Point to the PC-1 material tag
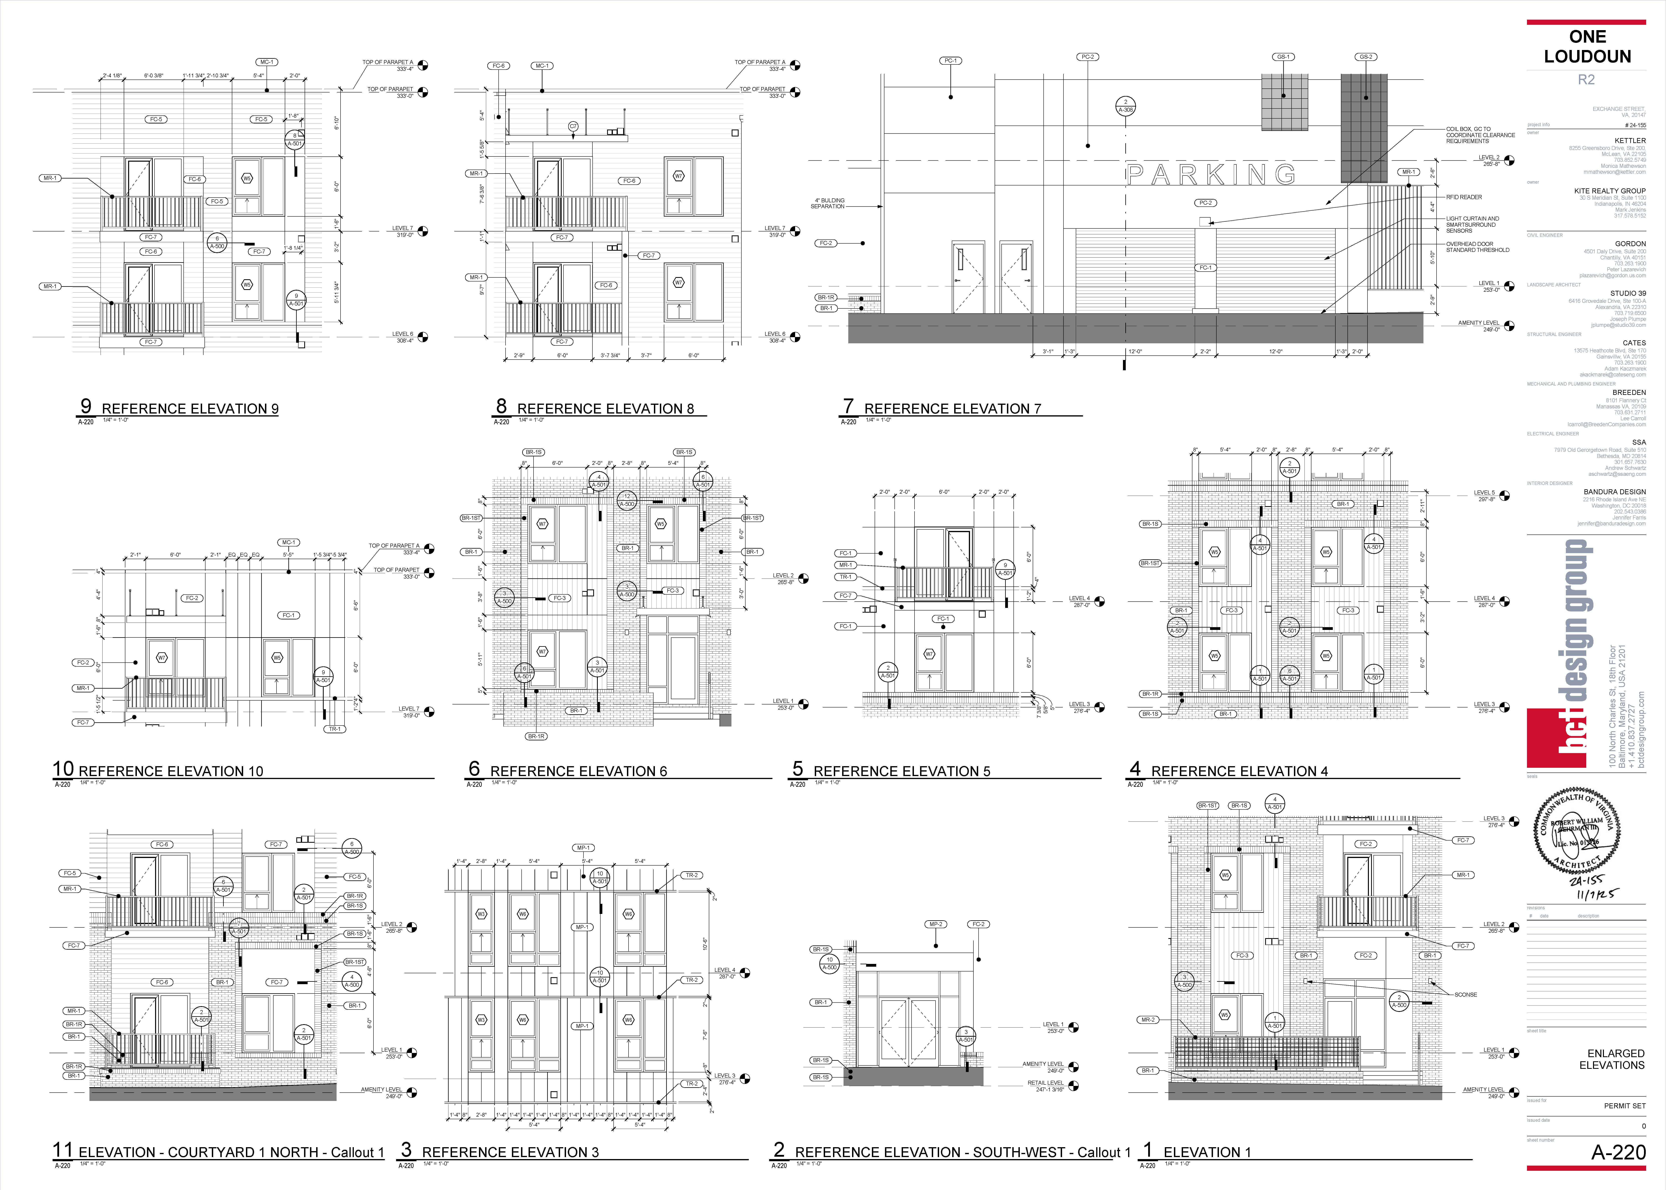[950, 61]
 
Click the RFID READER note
[1464, 197]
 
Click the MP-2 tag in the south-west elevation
[936, 924]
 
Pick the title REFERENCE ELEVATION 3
[510, 1152]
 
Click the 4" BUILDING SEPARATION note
[828, 203]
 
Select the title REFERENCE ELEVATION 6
[578, 771]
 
